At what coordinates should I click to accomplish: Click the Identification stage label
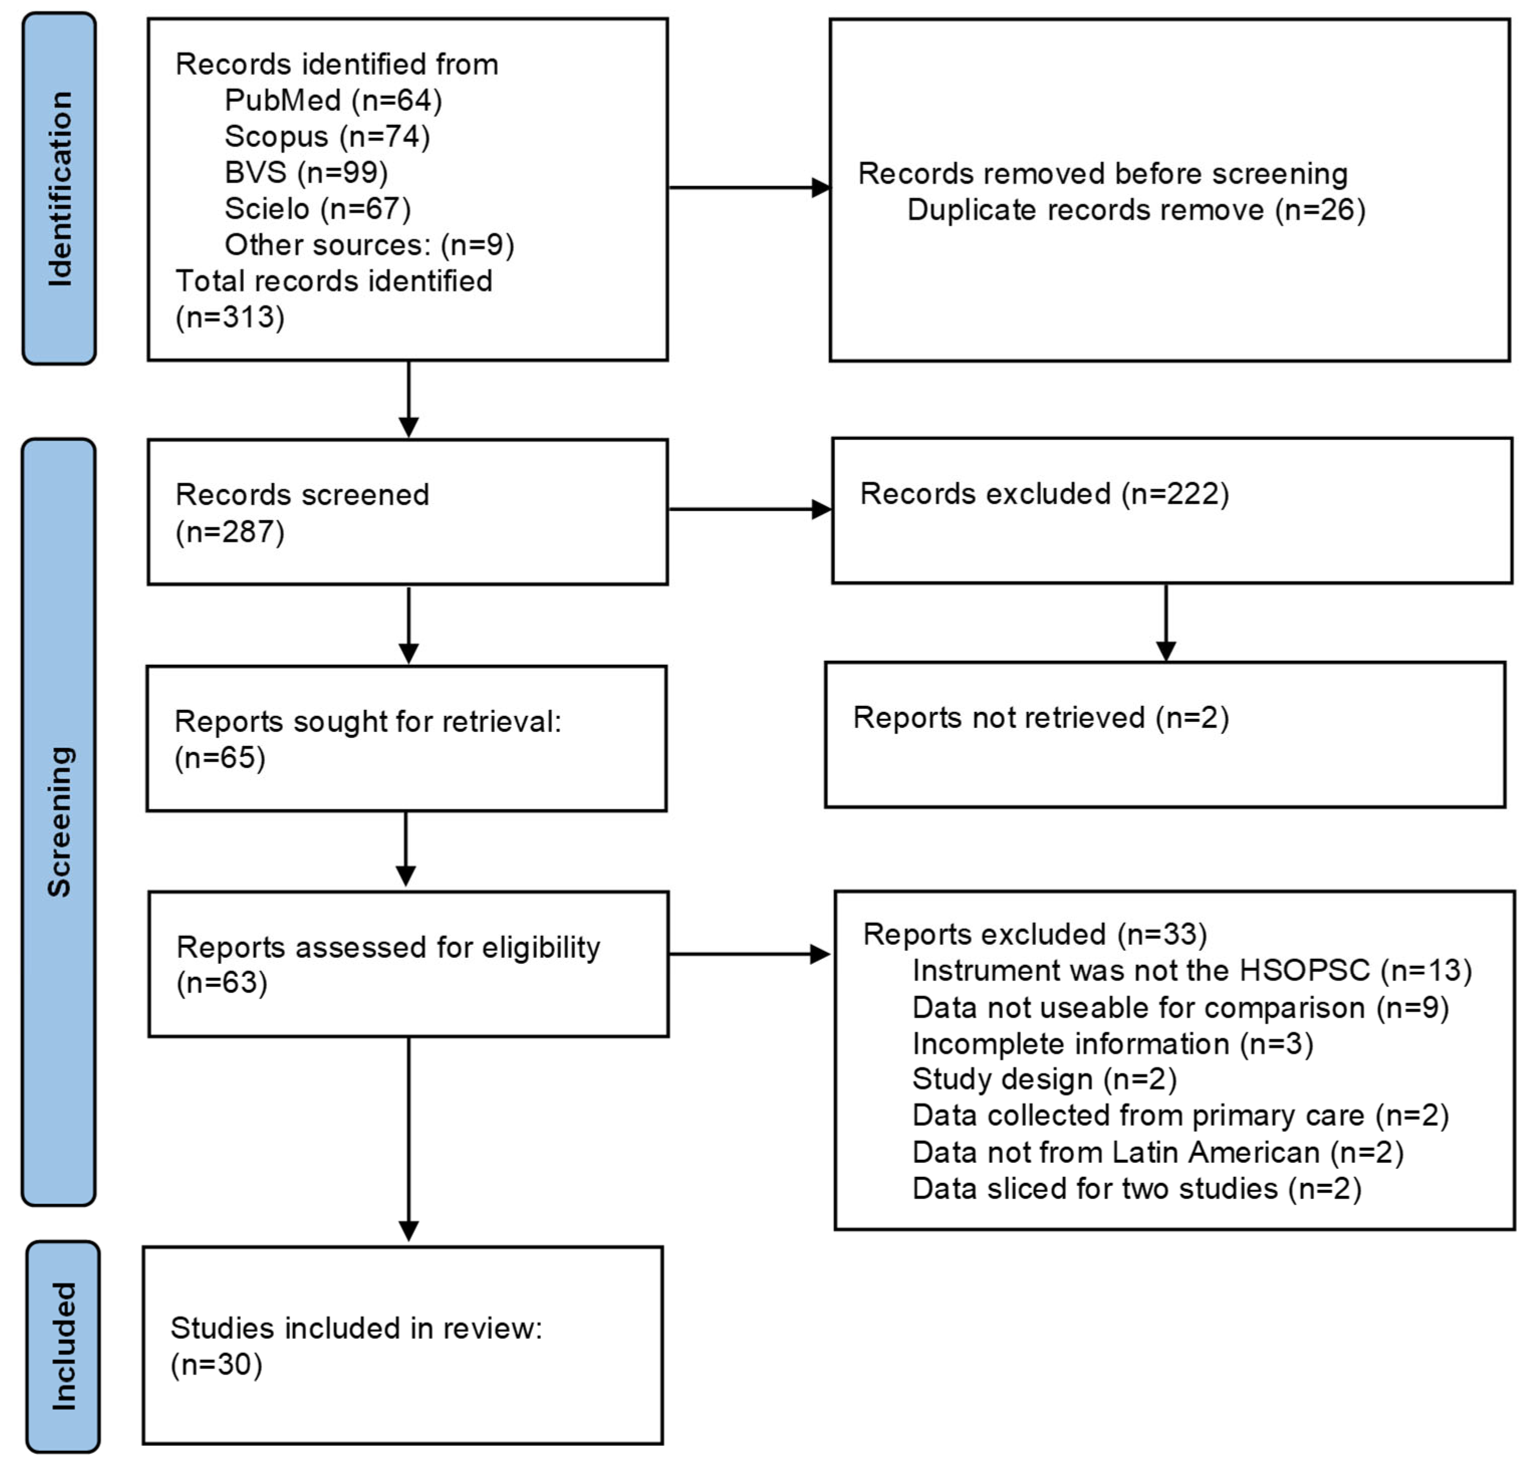pos(59,188)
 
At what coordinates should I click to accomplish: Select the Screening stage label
pos(59,821)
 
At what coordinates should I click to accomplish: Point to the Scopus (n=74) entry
pos(327,136)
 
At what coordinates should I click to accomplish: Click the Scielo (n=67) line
pos(317,208)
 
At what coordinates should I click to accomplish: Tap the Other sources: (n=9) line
pos(369,244)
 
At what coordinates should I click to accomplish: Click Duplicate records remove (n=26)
pos(1136,210)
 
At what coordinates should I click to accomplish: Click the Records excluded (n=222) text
pos(1044,494)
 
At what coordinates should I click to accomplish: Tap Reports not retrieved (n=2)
pos(1041,717)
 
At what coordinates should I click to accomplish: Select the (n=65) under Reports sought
pos(220,758)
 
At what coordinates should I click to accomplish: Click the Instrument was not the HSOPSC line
pos(1191,970)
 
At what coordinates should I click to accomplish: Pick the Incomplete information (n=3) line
pos(1112,1043)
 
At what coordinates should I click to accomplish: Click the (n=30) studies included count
pos(216,1364)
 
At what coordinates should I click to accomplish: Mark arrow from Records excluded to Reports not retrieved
pos(1166,622)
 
